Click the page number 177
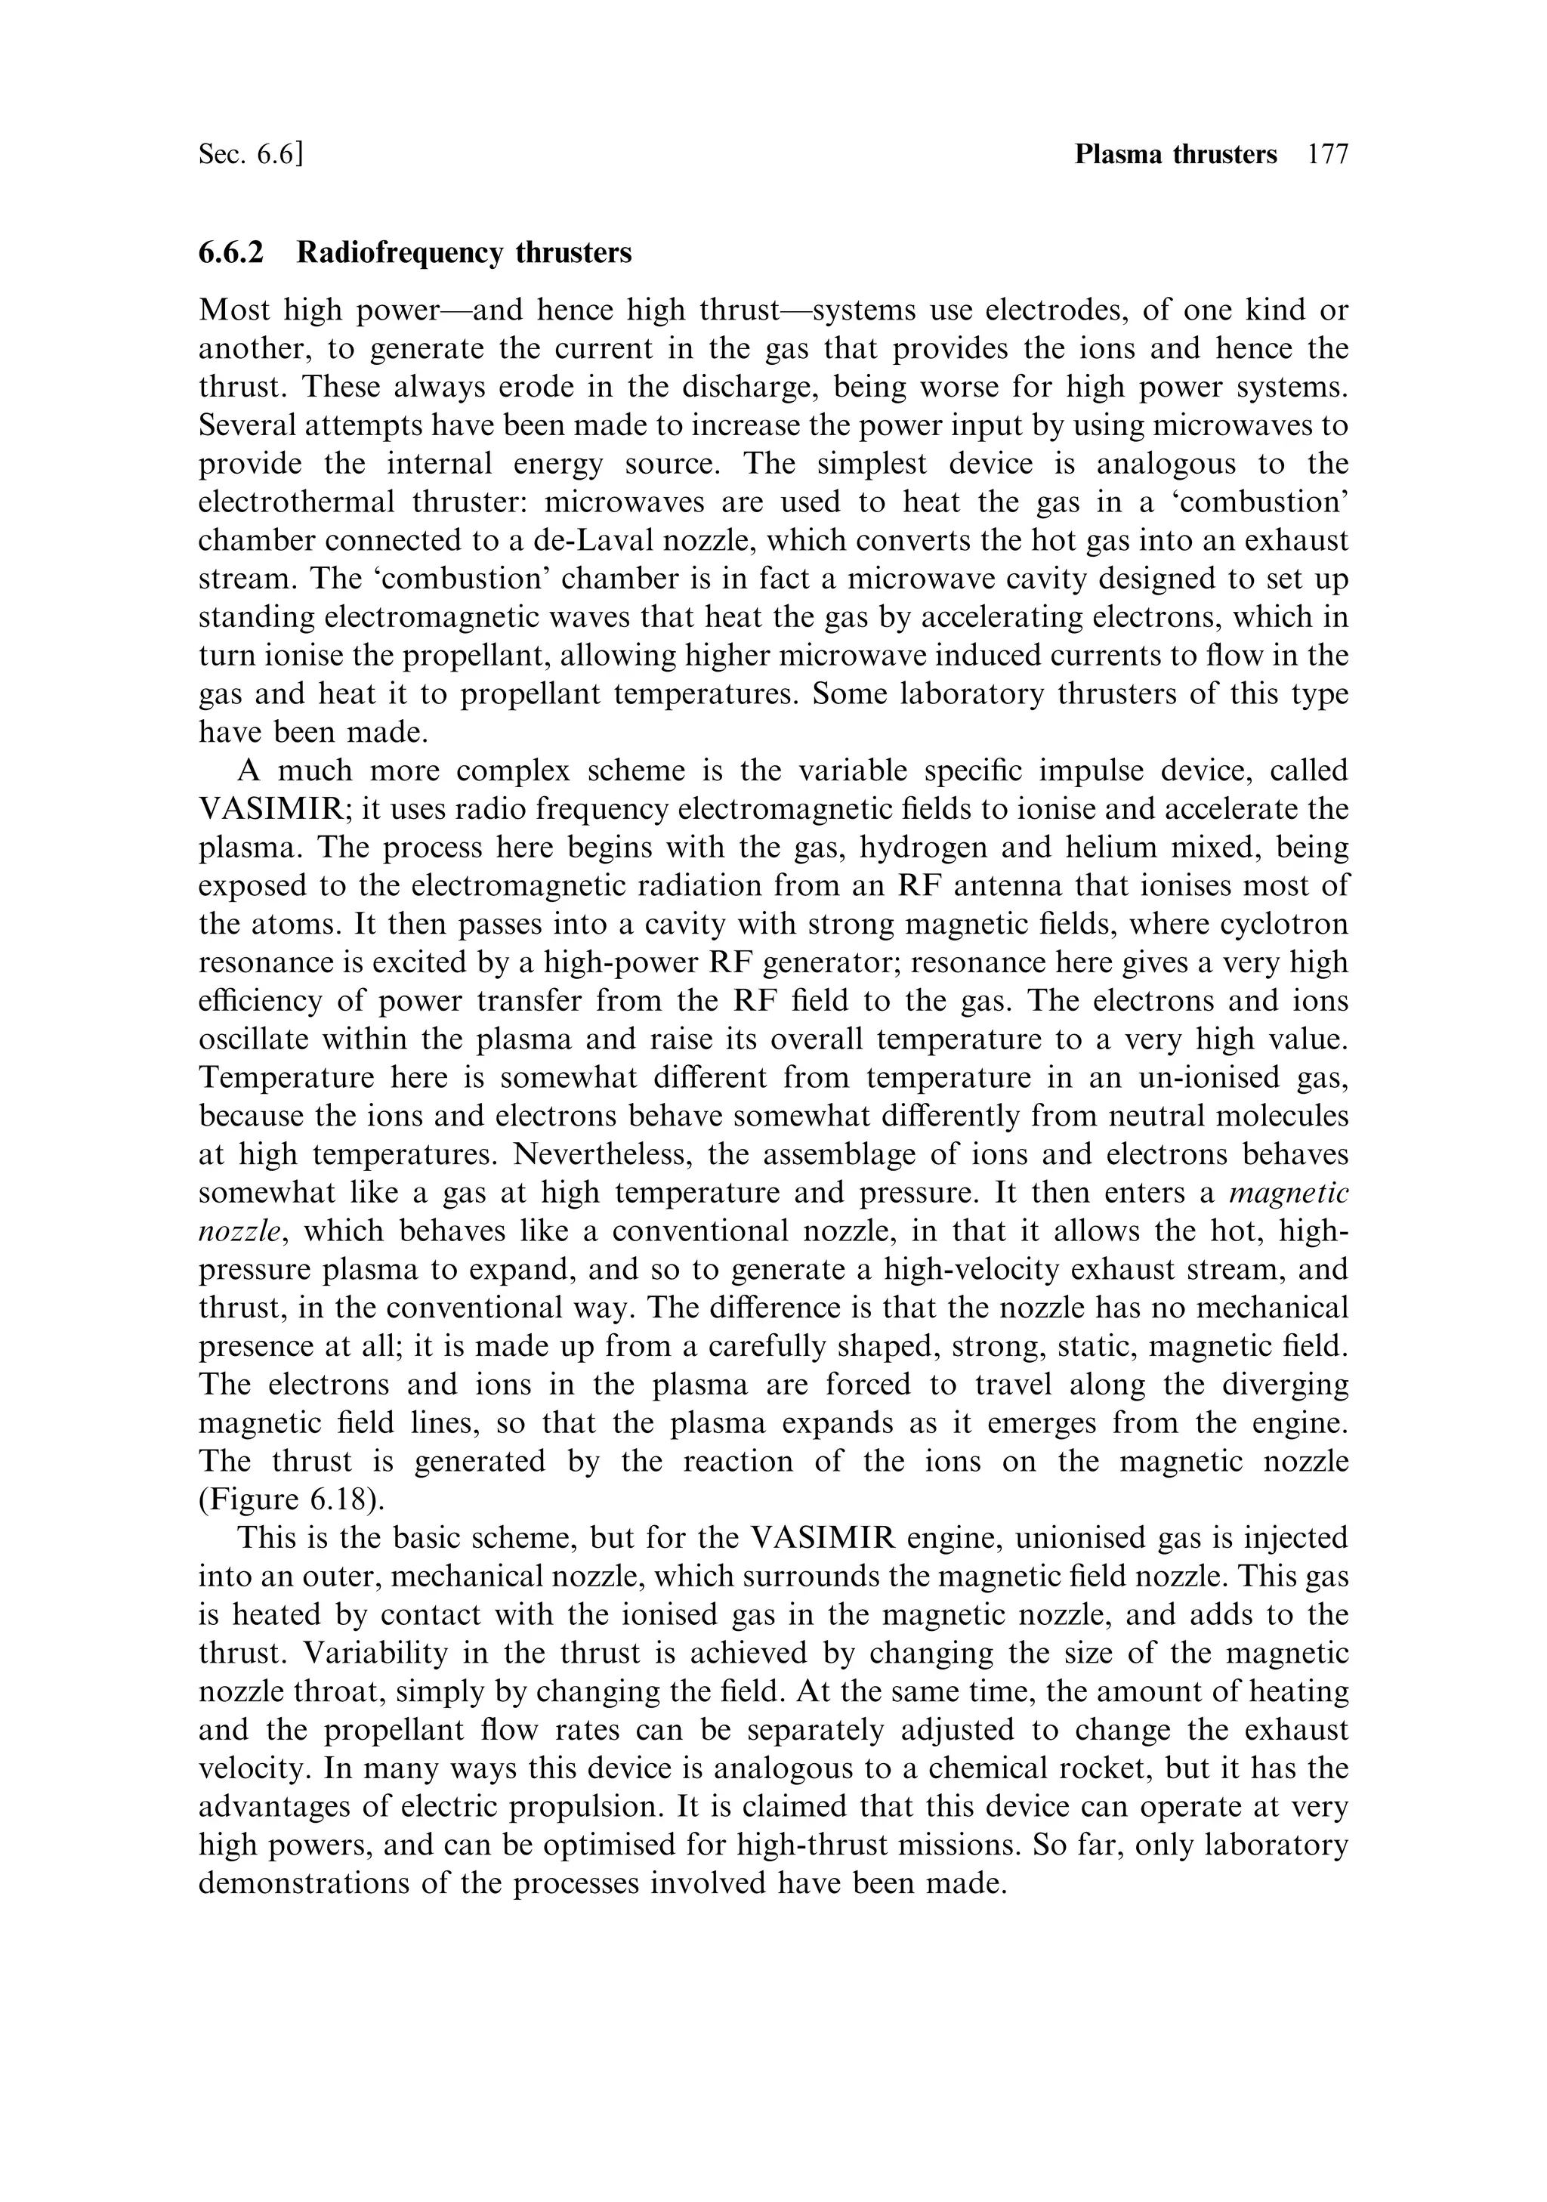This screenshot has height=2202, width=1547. pyautogui.click(x=1327, y=154)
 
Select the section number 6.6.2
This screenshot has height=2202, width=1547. pyautogui.click(x=230, y=252)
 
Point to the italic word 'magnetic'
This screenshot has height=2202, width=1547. pyautogui.click(x=1288, y=1193)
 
